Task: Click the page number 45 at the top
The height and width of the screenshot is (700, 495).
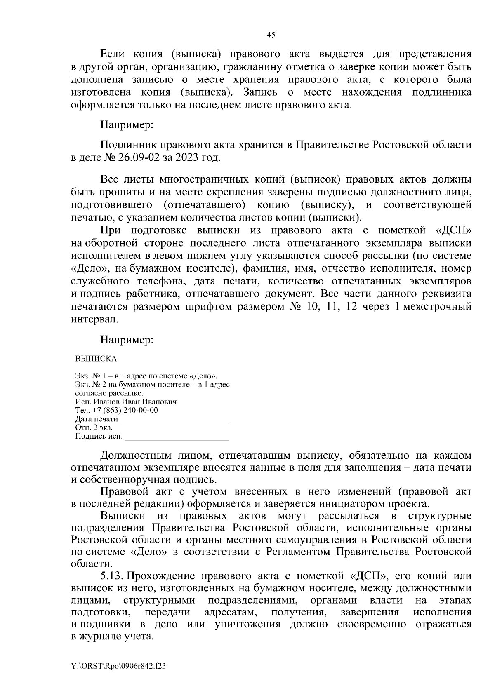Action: [x=271, y=35]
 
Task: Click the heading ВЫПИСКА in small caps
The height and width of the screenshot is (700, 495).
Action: [x=96, y=359]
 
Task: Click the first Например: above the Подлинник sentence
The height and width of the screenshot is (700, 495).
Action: [x=127, y=124]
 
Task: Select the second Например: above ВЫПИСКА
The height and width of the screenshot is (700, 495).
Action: [x=127, y=340]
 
